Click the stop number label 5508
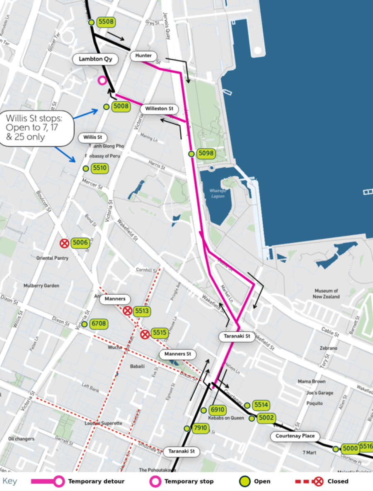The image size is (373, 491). pos(106,22)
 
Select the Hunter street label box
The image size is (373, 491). pos(143,56)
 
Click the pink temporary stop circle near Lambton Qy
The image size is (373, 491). pos(102,80)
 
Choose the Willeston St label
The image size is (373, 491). pos(159,109)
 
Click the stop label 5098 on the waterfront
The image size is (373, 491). pos(206,154)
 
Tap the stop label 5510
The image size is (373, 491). pos(100,168)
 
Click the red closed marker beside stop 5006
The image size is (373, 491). pos(64,243)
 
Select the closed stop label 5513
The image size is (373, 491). pos(142,311)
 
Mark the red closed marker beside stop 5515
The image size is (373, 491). pos(145,334)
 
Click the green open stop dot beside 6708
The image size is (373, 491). pos(85,324)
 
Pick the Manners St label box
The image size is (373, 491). pos(177,354)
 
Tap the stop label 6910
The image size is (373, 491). pos(218,410)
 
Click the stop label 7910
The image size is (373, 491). pos(200,428)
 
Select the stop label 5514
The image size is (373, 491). pos(262,405)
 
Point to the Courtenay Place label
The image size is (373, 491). pos(295,436)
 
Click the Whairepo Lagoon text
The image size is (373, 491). pos(217,193)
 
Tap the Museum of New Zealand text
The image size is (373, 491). pos(327,293)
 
